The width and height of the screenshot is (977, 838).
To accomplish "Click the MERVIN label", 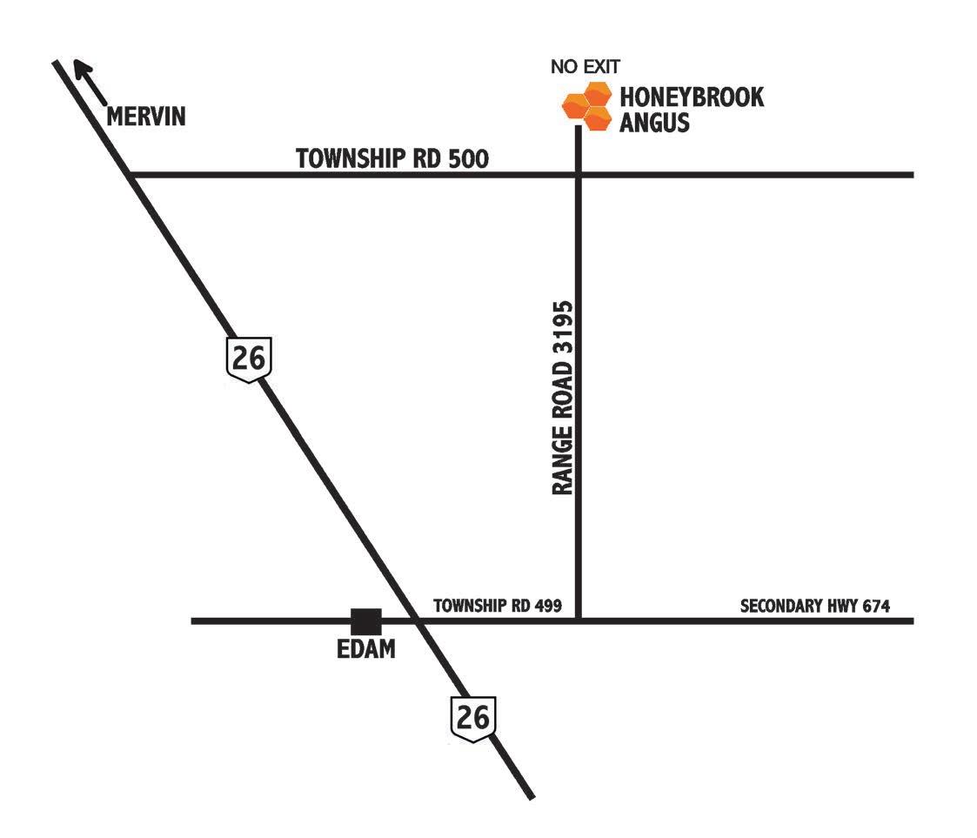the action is (x=146, y=117).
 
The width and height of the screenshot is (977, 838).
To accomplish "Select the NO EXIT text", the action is (x=586, y=66).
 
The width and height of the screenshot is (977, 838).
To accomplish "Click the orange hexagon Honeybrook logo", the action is (x=586, y=105).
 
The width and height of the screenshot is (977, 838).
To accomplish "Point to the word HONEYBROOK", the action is (x=692, y=96).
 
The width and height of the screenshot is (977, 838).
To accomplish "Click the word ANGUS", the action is (x=653, y=122).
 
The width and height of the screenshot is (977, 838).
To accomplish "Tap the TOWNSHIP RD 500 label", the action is (x=392, y=158).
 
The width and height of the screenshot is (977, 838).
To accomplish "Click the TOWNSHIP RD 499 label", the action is (x=498, y=606).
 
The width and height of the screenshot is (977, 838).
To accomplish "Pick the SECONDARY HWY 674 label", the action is (x=815, y=606).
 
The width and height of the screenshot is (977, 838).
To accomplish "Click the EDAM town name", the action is (x=365, y=649).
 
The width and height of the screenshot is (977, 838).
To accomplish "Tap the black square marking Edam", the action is (x=366, y=621).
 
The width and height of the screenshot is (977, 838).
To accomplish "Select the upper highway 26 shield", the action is (x=248, y=359).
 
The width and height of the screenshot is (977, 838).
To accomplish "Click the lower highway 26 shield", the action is (x=473, y=719).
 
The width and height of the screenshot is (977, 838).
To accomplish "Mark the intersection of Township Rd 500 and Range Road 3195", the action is (x=578, y=175).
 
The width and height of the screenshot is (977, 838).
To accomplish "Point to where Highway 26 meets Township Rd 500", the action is (x=131, y=175).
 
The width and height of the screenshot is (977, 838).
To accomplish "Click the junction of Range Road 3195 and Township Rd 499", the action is (x=578, y=620).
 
